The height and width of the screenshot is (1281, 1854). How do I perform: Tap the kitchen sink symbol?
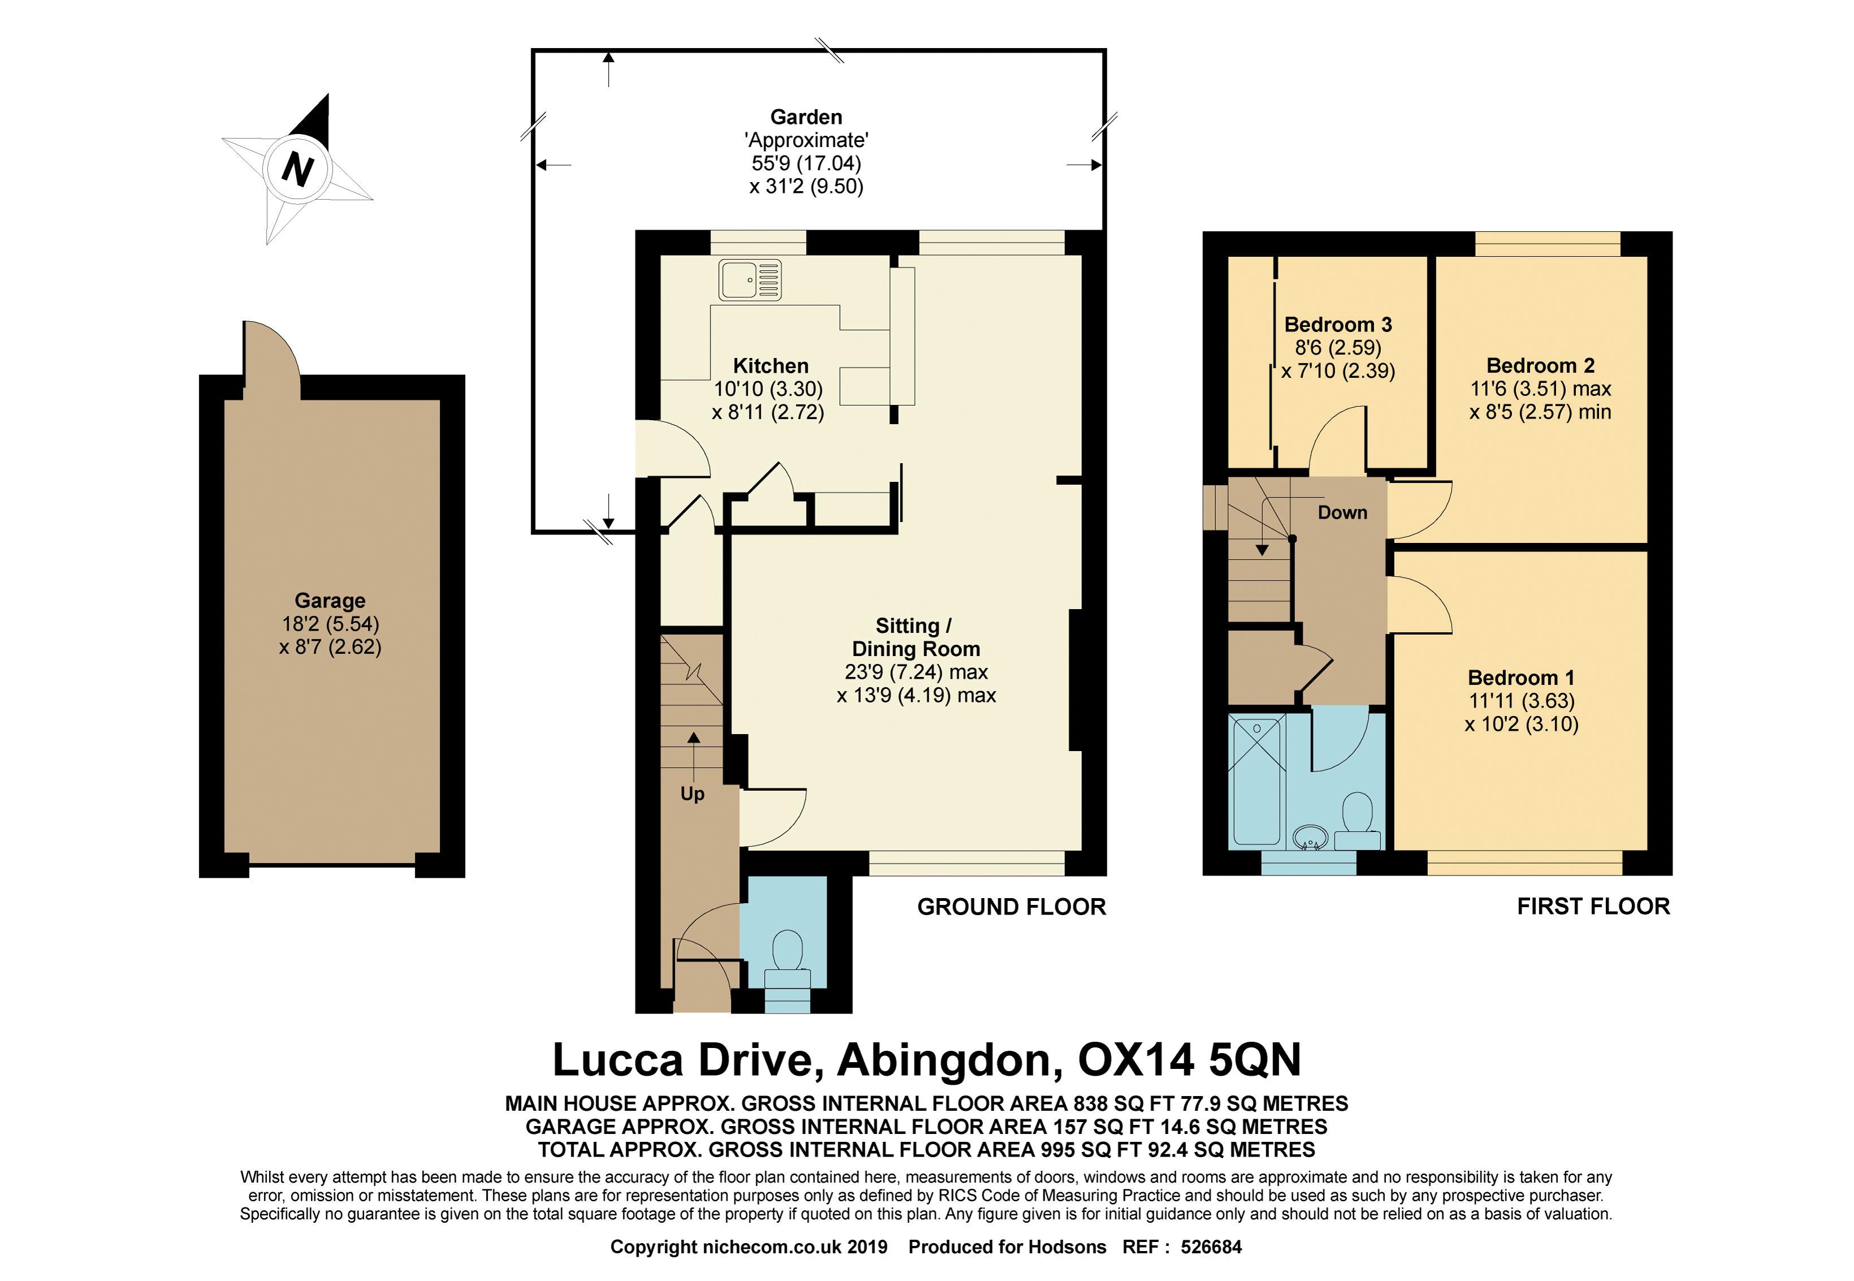click(x=750, y=279)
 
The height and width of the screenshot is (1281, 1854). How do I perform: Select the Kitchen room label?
click(x=770, y=366)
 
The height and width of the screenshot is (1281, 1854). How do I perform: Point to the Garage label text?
click(x=330, y=601)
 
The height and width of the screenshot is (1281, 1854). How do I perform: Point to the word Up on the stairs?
click(x=692, y=794)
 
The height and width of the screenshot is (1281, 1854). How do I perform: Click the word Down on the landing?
click(x=1342, y=512)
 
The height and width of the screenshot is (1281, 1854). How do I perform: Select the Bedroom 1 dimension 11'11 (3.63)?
click(x=1521, y=701)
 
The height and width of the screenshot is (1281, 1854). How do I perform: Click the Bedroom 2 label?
click(x=1540, y=365)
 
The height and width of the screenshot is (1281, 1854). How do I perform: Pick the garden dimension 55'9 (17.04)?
click(x=806, y=163)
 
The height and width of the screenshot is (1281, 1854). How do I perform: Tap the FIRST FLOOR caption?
click(x=1593, y=906)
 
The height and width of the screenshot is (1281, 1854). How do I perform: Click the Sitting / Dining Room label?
click(x=915, y=637)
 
